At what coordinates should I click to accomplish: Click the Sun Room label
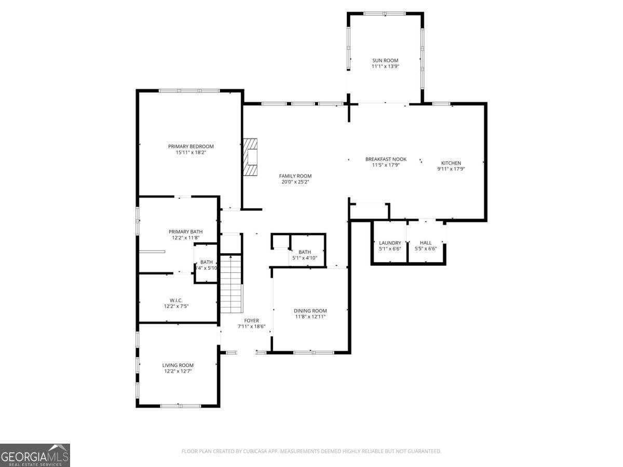tap(385, 61)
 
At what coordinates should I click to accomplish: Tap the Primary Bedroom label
tap(191, 146)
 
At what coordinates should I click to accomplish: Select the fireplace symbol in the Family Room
tap(252, 158)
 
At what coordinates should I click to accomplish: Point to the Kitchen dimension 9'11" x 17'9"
tap(451, 169)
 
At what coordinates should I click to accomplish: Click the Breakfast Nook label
tap(385, 159)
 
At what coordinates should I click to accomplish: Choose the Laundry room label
tap(390, 243)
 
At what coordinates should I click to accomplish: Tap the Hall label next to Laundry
tap(425, 243)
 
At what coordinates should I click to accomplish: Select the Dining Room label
tap(310, 311)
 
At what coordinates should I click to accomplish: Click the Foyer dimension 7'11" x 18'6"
tap(251, 327)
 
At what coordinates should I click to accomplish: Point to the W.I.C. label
tap(175, 300)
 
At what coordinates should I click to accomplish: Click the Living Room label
tap(178, 365)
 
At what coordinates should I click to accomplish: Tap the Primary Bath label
tap(185, 231)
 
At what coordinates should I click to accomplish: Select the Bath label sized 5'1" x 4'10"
tap(304, 252)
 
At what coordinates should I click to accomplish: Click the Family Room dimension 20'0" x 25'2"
tap(295, 182)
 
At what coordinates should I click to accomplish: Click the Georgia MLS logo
tap(35, 455)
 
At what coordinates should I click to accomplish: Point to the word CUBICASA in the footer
tap(258, 451)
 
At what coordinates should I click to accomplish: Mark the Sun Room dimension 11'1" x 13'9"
tap(385, 66)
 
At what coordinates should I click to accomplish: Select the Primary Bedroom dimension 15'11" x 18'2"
tap(191, 153)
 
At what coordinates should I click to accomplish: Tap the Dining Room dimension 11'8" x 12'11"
tap(310, 317)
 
